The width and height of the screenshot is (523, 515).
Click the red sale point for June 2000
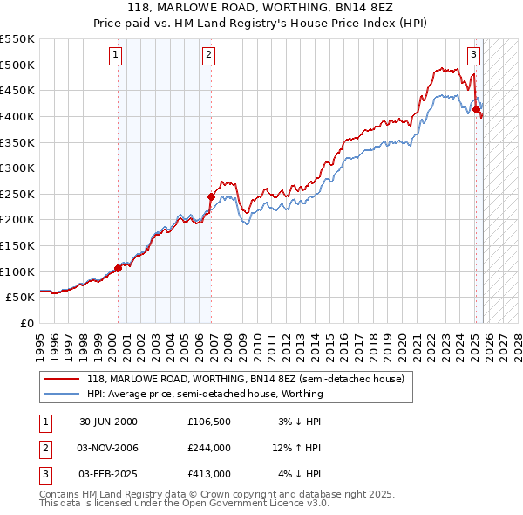(x=119, y=269)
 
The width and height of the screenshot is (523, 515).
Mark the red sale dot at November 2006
(x=211, y=197)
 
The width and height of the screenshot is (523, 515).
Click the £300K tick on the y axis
(x=17, y=168)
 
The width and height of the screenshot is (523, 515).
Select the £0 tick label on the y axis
(x=27, y=323)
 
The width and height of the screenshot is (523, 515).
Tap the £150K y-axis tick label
(x=17, y=245)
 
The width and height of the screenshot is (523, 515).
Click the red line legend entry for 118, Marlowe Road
(x=245, y=380)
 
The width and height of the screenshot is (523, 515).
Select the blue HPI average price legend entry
(x=205, y=394)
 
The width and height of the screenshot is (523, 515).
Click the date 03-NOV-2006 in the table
(x=108, y=448)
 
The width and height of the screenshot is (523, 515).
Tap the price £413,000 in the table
(x=208, y=474)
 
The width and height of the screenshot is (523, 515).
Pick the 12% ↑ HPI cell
(x=297, y=448)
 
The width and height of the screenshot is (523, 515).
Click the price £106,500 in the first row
(x=208, y=422)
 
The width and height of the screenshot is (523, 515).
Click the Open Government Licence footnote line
(x=185, y=503)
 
